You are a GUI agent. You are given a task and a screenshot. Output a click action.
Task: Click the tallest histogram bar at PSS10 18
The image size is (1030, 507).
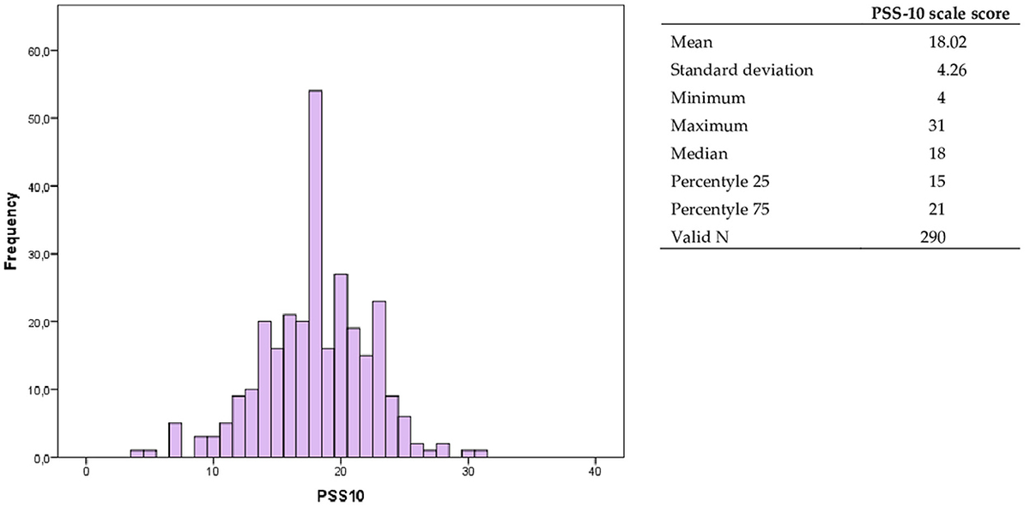315,275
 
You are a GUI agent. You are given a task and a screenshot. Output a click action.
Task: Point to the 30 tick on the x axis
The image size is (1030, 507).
468,474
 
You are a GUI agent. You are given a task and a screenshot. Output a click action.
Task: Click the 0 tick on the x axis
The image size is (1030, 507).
87,474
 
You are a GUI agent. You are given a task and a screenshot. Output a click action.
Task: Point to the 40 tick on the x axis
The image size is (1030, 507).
595,474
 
